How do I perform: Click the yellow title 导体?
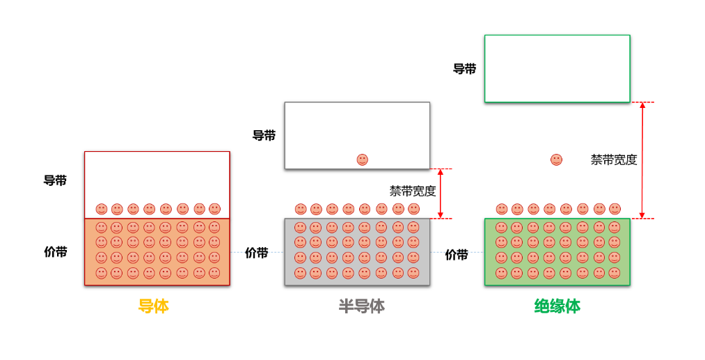pyautogui.click(x=153, y=306)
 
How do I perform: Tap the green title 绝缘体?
pyautogui.click(x=557, y=306)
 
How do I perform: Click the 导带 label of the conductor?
pyautogui.click(x=56, y=181)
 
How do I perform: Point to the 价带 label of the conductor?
pyautogui.click(x=56, y=252)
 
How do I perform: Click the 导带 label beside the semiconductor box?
pyautogui.click(x=264, y=136)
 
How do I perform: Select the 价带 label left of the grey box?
pyautogui.click(x=257, y=253)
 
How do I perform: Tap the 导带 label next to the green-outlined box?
pyautogui.click(x=464, y=69)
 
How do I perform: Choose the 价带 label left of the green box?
pyautogui.click(x=457, y=255)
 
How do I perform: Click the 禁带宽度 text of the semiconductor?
pyautogui.click(x=413, y=191)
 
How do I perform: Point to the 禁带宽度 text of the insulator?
pyautogui.click(x=614, y=159)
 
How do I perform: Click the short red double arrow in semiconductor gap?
pyautogui.click(x=441, y=194)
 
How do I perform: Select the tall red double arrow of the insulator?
pyautogui.click(x=642, y=160)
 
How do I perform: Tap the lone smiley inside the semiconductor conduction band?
pyautogui.click(x=362, y=159)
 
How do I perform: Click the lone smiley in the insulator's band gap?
pyautogui.click(x=556, y=159)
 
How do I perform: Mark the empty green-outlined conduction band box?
pyautogui.click(x=557, y=68)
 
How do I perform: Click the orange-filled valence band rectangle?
pyautogui.click(x=157, y=251)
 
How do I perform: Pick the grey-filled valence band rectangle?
pyautogui.click(x=357, y=251)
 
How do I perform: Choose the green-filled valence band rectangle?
pyautogui.click(x=557, y=251)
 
